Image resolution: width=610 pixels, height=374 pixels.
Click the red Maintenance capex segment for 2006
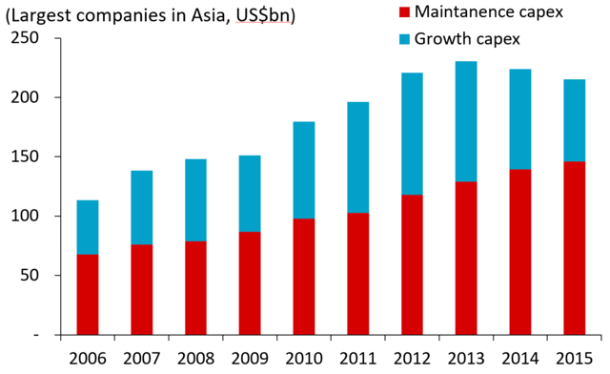click(x=88, y=295)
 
